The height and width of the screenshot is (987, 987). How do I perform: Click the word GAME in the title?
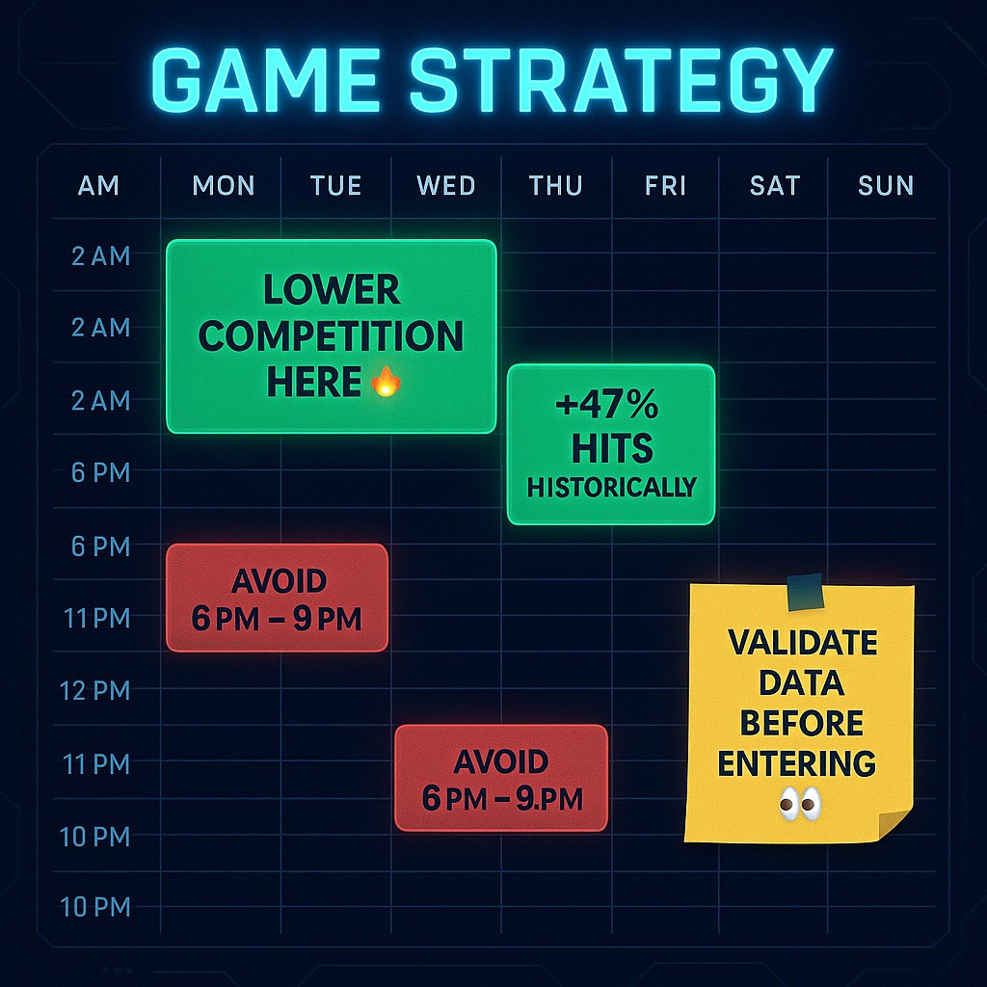[266, 80]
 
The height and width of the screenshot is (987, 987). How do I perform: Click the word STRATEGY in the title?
[622, 80]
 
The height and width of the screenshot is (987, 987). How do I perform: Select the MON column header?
[224, 186]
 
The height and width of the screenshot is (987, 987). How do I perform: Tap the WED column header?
[445, 186]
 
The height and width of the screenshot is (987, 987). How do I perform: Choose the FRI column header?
[665, 186]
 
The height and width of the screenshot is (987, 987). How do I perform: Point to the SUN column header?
[886, 186]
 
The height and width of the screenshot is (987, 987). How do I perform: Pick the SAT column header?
[775, 186]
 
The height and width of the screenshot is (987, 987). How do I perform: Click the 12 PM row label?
[95, 690]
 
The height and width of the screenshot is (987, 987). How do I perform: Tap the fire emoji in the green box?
[386, 382]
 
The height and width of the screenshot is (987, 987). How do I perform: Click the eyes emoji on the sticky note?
[800, 804]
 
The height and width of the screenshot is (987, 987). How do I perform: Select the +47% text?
[607, 404]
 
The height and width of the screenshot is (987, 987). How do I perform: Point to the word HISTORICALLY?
[612, 487]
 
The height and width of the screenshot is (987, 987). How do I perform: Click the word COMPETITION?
[332, 335]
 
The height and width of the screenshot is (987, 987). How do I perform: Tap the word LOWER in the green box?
[332, 289]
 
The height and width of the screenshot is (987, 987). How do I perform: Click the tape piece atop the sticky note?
[805, 592]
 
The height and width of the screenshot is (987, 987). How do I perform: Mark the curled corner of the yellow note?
[894, 823]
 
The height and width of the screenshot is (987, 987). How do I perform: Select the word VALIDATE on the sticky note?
[803, 643]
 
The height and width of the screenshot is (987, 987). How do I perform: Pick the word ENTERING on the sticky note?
[797, 763]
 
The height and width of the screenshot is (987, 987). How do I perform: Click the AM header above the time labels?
[98, 186]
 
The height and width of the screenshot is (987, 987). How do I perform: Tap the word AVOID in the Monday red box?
[279, 580]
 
